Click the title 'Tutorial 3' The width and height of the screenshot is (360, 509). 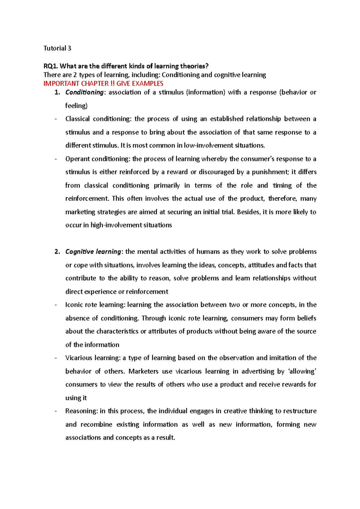coord(57,48)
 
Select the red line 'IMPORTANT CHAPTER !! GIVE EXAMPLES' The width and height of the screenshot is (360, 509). coord(103,84)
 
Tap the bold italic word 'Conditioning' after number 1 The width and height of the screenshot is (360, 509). coord(84,92)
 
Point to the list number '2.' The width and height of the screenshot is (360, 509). coord(57,252)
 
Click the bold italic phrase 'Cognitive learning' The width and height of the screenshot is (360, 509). coord(93,252)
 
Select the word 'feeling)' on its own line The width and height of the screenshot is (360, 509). coord(76,106)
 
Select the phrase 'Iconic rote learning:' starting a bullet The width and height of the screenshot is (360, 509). coord(95,305)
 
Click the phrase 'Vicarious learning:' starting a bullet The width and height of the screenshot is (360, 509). coord(93,358)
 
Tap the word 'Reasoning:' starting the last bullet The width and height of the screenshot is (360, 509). coord(82,411)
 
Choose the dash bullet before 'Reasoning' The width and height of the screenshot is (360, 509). coord(56,411)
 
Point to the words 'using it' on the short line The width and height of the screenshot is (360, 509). coord(76,398)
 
